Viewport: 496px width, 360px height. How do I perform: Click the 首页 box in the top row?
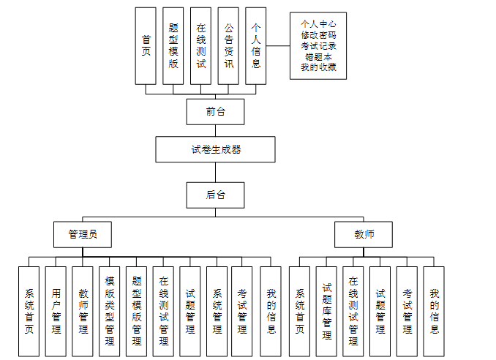click(146, 45)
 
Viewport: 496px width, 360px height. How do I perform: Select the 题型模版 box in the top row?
click(173, 45)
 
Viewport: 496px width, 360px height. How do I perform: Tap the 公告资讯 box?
click(228, 45)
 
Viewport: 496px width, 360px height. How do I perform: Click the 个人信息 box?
click(255, 45)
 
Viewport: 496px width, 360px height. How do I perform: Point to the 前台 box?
click(214, 111)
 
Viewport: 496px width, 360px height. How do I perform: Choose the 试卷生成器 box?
click(215, 149)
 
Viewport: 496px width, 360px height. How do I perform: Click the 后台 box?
click(214, 195)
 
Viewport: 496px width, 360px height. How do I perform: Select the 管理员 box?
click(83, 235)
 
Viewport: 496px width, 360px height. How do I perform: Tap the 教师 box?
click(364, 235)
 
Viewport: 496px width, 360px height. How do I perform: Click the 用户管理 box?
click(56, 311)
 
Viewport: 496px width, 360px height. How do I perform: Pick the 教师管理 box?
click(83, 311)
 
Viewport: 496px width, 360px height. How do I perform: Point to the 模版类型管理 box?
click(110, 311)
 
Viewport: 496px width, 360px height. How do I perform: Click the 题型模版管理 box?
click(136, 311)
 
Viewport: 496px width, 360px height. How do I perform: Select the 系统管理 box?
click(217, 311)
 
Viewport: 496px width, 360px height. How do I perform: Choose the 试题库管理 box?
click(326, 311)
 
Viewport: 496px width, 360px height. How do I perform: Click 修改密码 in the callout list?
click(318, 34)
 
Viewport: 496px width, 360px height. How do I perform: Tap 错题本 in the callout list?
click(318, 56)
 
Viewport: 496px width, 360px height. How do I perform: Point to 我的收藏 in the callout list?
click(318, 67)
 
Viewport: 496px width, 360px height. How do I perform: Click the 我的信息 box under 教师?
click(434, 311)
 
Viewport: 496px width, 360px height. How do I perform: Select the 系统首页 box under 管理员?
click(29, 311)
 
